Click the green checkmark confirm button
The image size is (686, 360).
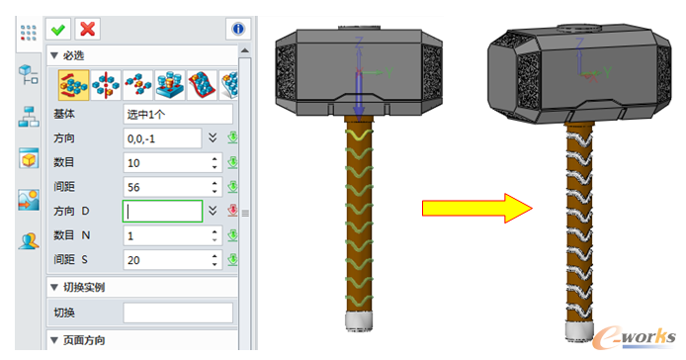[x=58, y=30]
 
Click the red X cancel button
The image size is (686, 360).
[x=88, y=30]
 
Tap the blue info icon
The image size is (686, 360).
[x=238, y=30]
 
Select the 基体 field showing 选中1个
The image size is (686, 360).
[x=178, y=115]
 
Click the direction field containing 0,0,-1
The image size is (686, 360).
[x=162, y=138]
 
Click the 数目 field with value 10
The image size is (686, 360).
[x=172, y=163]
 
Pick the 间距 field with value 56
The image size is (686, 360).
[x=172, y=187]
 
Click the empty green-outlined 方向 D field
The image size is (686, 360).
[x=162, y=211]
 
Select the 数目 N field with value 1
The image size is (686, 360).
[x=172, y=235]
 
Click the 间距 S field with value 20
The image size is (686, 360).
[x=172, y=260]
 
